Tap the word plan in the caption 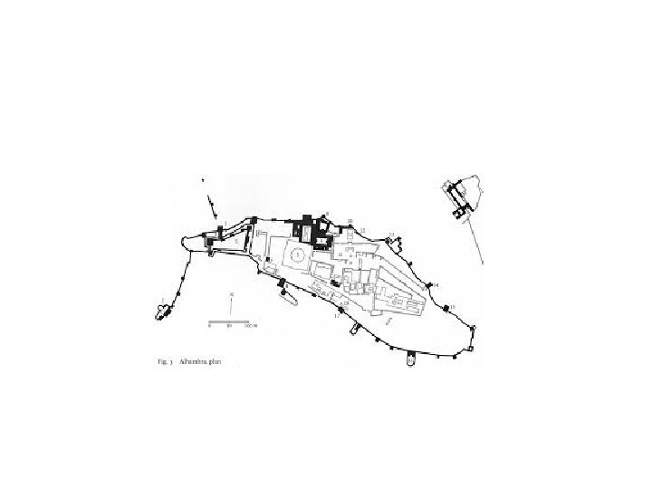pos(215,361)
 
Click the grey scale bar pos(229,321)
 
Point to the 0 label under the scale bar pos(209,326)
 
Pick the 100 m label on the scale pos(251,326)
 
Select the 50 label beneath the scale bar pos(229,326)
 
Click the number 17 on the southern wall pos(337,316)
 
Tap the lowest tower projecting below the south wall pos(410,360)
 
